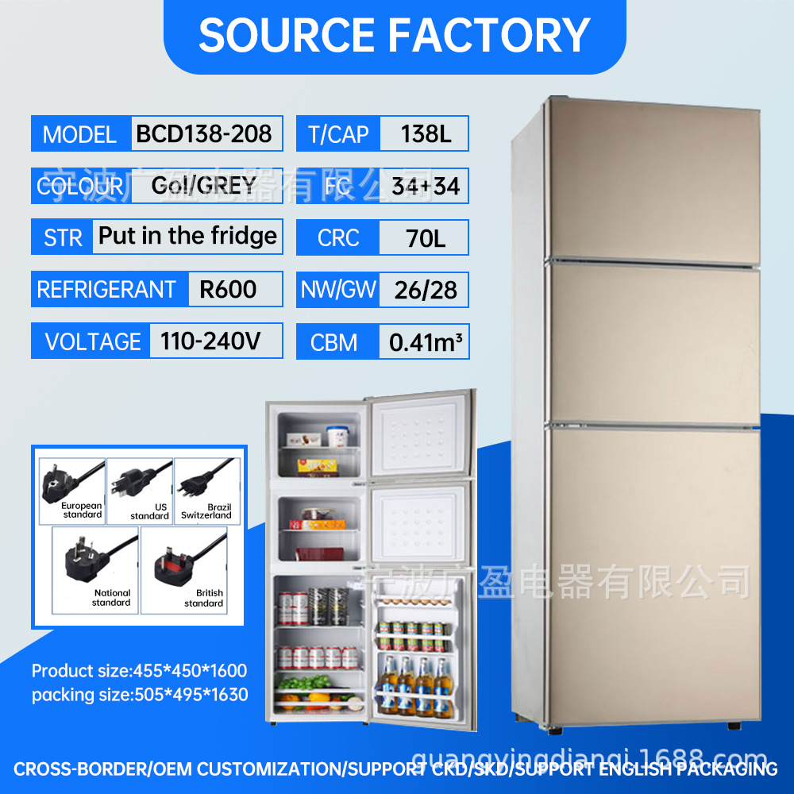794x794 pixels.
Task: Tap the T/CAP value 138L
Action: pos(426,133)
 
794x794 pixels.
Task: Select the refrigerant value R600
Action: pos(228,289)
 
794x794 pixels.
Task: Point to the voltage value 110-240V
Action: pos(210,341)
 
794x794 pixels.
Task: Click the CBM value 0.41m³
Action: pos(426,342)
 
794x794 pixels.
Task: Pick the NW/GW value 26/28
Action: pos(426,290)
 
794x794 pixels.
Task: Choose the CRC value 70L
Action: pos(426,237)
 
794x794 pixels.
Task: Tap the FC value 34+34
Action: pos(426,186)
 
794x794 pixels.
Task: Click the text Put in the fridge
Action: pos(187,236)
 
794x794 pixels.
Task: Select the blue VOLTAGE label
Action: pos(92,342)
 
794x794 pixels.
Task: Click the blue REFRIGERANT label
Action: pos(106,290)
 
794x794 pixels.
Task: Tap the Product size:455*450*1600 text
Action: pos(139,671)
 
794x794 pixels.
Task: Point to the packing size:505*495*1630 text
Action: pos(140,695)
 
